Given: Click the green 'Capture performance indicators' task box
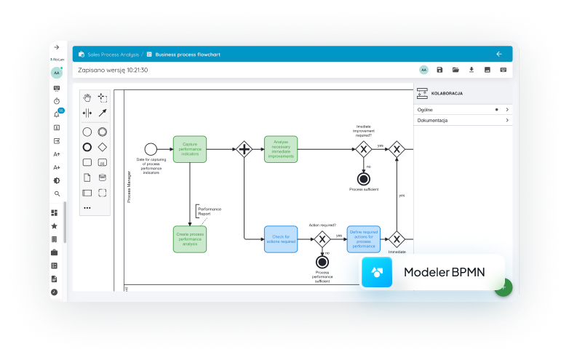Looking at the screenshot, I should click(189, 149).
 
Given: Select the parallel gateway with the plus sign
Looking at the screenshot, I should click(244, 149).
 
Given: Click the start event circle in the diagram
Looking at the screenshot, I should click(151, 149).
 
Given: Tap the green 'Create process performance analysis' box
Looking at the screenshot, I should click(189, 239).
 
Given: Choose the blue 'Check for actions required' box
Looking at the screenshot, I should click(280, 239).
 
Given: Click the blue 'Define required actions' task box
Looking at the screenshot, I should click(363, 239).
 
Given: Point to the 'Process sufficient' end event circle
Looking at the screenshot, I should click(364, 178).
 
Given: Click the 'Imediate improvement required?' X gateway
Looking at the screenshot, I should click(364, 149).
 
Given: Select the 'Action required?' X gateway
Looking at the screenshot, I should click(322, 239).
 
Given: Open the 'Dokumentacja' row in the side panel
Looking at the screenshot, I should click(462, 120).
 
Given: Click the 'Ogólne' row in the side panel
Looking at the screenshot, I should click(462, 109).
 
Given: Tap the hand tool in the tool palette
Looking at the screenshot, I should click(87, 97).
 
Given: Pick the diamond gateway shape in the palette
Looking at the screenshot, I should click(103, 147).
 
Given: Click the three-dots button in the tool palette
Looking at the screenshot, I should click(87, 207).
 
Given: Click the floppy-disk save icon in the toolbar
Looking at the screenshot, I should click(439, 70).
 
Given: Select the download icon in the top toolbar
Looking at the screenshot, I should click(471, 70).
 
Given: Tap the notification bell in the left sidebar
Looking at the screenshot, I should click(57, 114).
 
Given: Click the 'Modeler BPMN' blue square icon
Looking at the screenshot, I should click(377, 272).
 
